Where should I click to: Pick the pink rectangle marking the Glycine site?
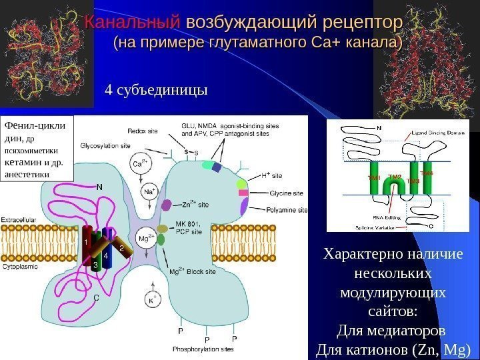pyautogui.click(x=243, y=193)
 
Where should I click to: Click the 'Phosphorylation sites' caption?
pyautogui.click(x=203, y=349)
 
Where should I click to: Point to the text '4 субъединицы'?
pyautogui.click(x=156, y=89)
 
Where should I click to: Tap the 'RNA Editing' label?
pyautogui.click(x=387, y=217)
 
